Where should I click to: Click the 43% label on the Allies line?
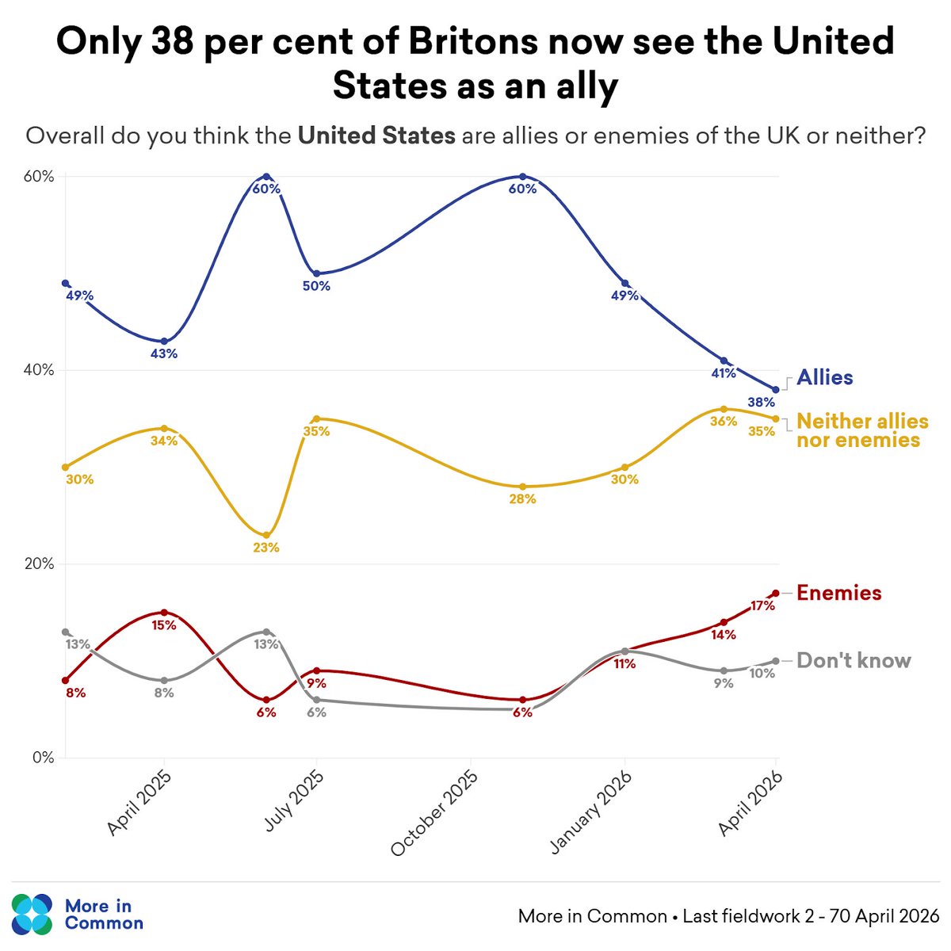[164, 353]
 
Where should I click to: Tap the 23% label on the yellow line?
[266, 548]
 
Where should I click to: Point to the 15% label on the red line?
[164, 624]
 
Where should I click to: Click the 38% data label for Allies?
[762, 403]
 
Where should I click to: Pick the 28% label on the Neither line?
[522, 499]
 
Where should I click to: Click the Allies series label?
[825, 377]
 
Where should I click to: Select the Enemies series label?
[838, 593]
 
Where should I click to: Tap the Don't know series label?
[854, 661]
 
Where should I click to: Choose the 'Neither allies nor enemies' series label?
[861, 430]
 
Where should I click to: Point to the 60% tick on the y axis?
[38, 176]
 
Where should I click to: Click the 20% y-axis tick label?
[38, 564]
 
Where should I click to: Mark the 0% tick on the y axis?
[43, 758]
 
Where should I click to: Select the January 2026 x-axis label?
[591, 813]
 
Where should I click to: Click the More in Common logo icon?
[32, 914]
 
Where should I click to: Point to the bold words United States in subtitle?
[376, 136]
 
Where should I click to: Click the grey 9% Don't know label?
[723, 683]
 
